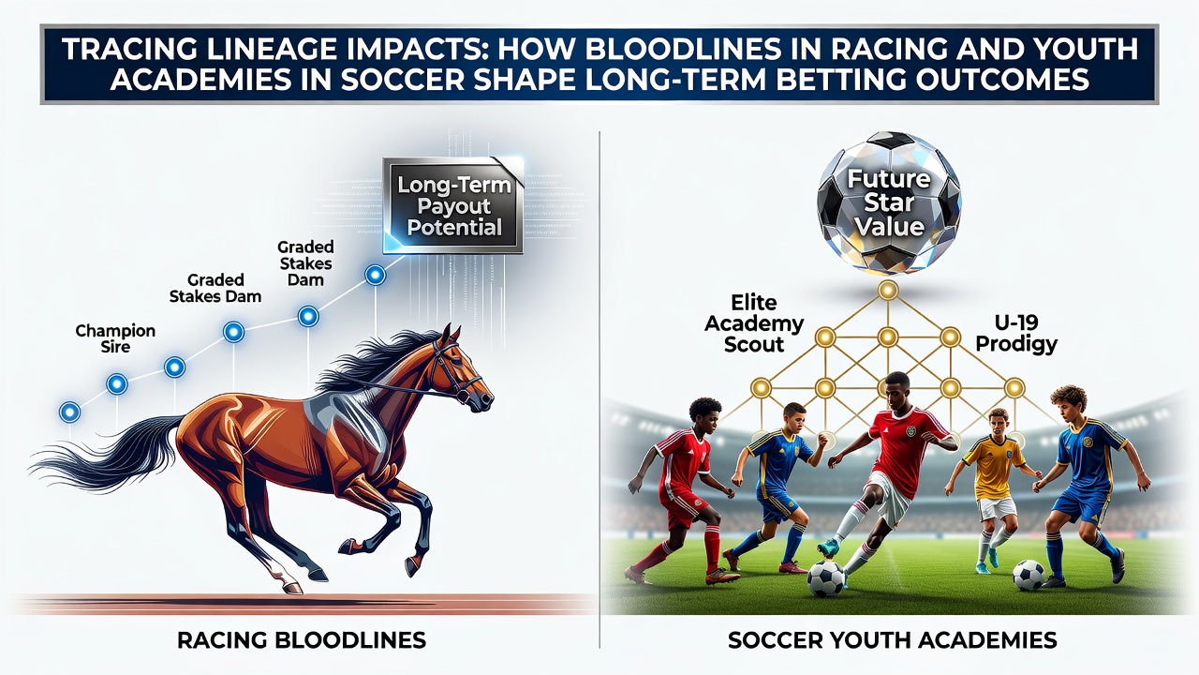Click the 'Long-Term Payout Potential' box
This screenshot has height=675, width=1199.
tap(453, 206)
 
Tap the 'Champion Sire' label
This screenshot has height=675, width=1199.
tap(115, 338)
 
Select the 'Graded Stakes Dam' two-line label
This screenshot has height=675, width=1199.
tap(215, 288)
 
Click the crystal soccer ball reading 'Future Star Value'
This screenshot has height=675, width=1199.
tap(889, 203)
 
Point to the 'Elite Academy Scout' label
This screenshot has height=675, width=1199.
tap(754, 323)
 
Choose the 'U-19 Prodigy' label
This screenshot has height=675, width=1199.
tap(1016, 333)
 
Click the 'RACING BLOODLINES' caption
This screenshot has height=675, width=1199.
tap(302, 640)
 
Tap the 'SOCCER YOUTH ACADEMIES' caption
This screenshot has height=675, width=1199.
tap(893, 640)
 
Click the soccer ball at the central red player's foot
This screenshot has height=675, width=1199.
tap(826, 578)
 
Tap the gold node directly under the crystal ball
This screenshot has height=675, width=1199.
tap(888, 291)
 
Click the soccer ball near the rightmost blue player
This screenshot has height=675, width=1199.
tap(1029, 575)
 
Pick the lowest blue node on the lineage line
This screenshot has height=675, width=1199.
tap(69, 412)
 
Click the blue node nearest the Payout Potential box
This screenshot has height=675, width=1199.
tap(375, 275)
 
